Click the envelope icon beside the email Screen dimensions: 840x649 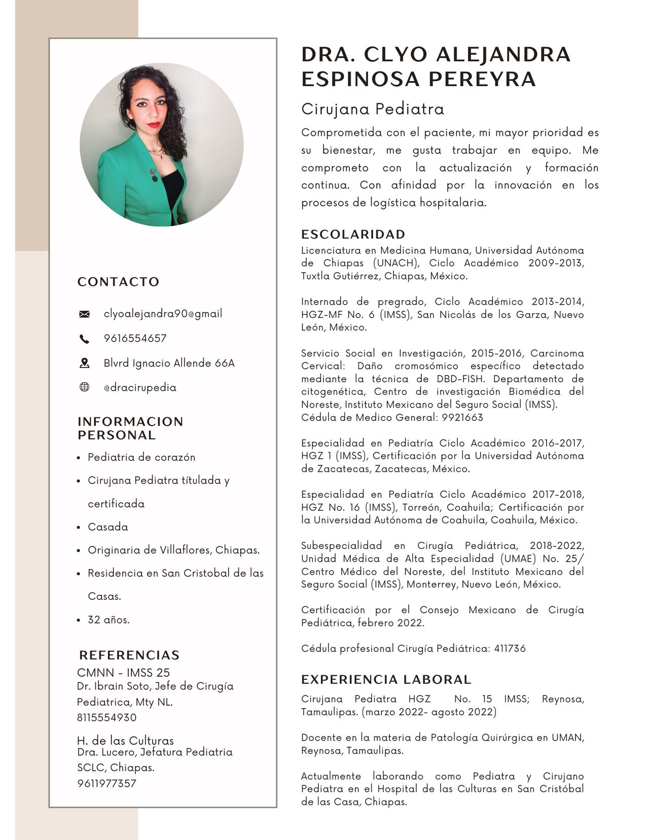pyautogui.click(x=84, y=314)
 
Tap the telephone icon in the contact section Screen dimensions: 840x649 pyautogui.click(x=84, y=339)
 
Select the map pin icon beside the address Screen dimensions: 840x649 pyautogui.click(x=84, y=363)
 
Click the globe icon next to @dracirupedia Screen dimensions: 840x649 pyautogui.click(x=84, y=387)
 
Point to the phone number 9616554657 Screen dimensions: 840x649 pyautogui.click(x=135, y=339)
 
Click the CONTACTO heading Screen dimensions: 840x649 pyautogui.click(x=118, y=282)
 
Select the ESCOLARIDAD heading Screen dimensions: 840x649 pyautogui.click(x=353, y=234)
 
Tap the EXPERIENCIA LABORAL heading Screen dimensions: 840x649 pyautogui.click(x=386, y=679)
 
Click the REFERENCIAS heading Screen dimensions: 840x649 pyautogui.click(x=129, y=655)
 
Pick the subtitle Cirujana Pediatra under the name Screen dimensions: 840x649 pyautogui.click(x=373, y=109)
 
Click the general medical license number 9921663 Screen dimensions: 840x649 pyautogui.click(x=462, y=418)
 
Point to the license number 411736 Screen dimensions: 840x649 pyautogui.click(x=510, y=648)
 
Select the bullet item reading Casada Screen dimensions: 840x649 pyautogui.click(x=108, y=527)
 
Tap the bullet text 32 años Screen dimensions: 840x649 pyautogui.click(x=109, y=619)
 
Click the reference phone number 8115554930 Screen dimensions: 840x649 pyautogui.click(x=106, y=718)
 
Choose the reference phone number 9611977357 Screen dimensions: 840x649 pyautogui.click(x=106, y=784)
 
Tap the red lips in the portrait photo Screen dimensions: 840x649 pyautogui.click(x=154, y=125)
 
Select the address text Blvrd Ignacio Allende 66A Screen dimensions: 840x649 pyautogui.click(x=169, y=363)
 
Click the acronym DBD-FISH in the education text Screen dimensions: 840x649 pyautogui.click(x=460, y=379)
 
